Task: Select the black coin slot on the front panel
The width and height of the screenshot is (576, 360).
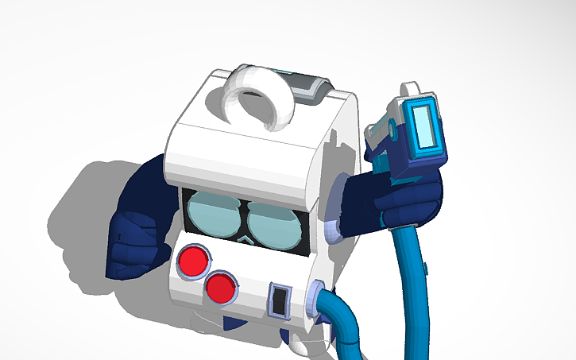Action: click(279, 301)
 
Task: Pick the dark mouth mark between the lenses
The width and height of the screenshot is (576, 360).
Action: click(245, 236)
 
